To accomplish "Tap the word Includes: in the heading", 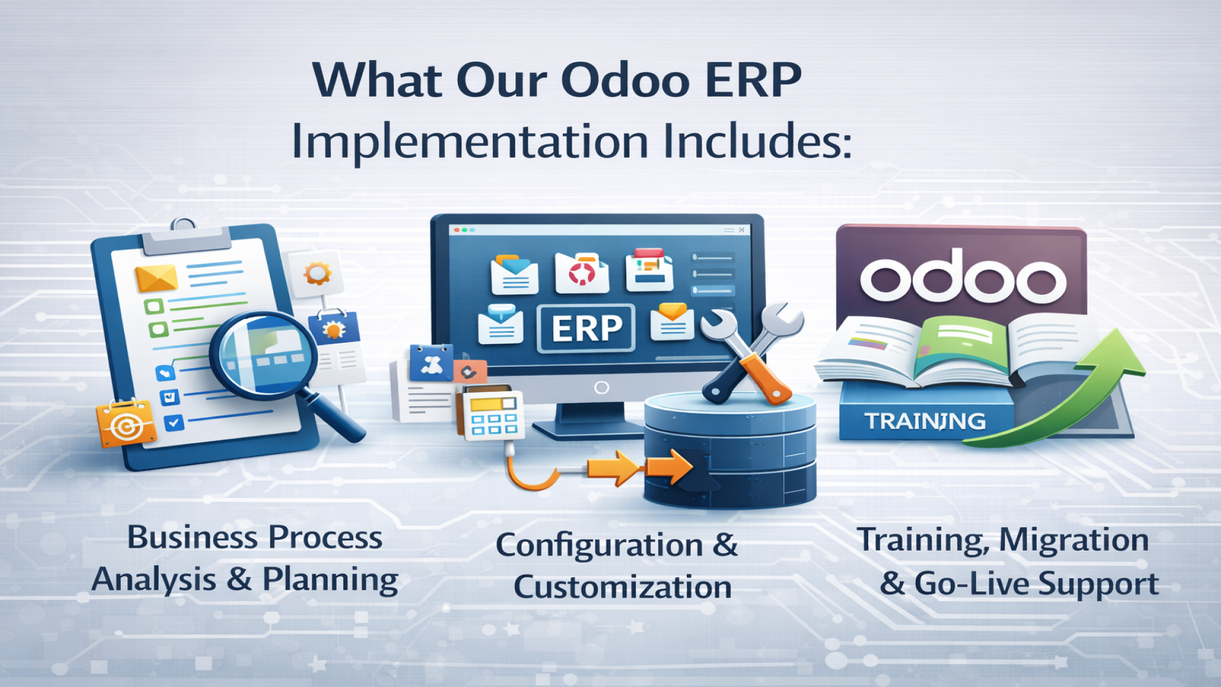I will pyautogui.click(x=757, y=141).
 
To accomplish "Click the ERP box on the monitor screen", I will pyautogui.click(x=586, y=328).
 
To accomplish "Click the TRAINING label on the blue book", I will pyautogui.click(x=925, y=421).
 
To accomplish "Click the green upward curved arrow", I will pyautogui.click(x=1081, y=388).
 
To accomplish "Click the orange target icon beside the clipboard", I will pyautogui.click(x=126, y=424).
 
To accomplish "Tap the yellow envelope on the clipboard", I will pyautogui.click(x=156, y=278).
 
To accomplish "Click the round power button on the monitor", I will pyautogui.click(x=601, y=387).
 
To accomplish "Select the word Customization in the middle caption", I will pyautogui.click(x=622, y=586).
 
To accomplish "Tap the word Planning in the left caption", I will pyautogui.click(x=330, y=579).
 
